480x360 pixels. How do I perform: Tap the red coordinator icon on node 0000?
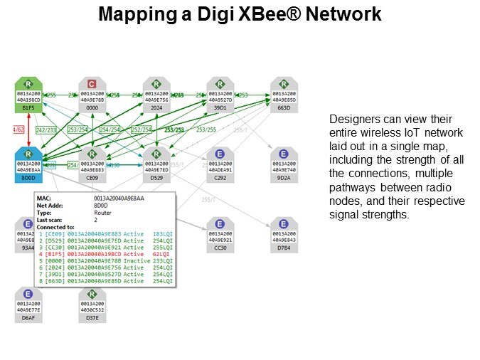(x=92, y=83)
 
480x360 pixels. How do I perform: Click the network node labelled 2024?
(x=156, y=95)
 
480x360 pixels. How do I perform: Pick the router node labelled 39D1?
(x=220, y=95)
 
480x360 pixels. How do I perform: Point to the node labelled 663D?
(x=284, y=95)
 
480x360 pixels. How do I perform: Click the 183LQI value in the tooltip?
(x=162, y=233)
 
